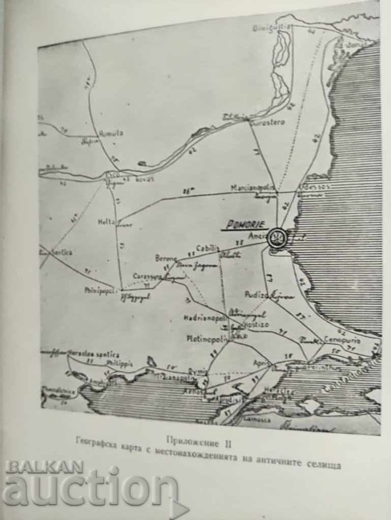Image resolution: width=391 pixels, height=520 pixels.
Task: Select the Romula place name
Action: click(x=111, y=133)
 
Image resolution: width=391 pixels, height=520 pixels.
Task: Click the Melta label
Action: click(x=106, y=222)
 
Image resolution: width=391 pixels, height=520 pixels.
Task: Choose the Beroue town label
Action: click(x=165, y=258)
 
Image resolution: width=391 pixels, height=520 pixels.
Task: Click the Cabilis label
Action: click(x=208, y=248)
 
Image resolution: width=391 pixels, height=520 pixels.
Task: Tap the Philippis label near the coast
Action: click(x=119, y=364)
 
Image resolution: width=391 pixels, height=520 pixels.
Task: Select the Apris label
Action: click(x=260, y=363)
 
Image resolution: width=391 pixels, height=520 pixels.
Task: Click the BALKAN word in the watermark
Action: click(x=45, y=467)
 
